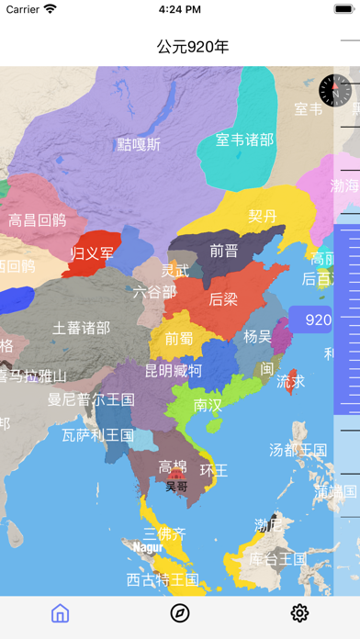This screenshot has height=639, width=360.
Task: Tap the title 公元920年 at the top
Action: pos(193,47)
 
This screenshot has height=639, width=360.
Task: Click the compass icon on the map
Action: pos(333,90)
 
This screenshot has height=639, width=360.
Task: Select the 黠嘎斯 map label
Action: pos(139,144)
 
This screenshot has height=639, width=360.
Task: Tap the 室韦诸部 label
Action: pos(244,140)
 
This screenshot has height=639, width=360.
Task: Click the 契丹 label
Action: pos(263,216)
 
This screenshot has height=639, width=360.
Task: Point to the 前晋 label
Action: pos(223,250)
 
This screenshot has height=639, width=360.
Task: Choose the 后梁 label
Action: pos(223,298)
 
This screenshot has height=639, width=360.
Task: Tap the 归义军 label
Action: pos(93,252)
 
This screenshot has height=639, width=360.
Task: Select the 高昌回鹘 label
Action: pos(38,219)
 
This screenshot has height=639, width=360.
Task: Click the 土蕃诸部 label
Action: pos(81,327)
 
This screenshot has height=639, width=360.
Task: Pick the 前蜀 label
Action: pos(179,338)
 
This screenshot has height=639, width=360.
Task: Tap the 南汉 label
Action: pos(208,404)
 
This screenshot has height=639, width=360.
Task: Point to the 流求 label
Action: pos(291,380)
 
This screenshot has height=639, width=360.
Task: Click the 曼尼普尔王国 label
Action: pos(91,399)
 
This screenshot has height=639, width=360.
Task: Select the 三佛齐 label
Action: pos(164,533)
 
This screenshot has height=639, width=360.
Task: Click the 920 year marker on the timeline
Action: pos(318,320)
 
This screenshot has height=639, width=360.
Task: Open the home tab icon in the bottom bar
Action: pos(60,613)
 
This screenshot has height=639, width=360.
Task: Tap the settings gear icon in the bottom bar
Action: pos(299,613)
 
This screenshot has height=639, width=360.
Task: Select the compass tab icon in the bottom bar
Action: pos(180,613)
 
